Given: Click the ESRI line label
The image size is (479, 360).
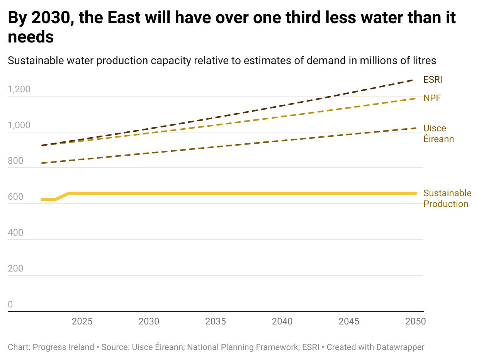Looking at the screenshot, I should [433, 80].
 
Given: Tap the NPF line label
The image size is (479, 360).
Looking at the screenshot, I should [432, 98].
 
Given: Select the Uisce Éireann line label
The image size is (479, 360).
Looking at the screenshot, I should [438, 134].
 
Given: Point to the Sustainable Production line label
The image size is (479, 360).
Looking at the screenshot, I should [447, 199].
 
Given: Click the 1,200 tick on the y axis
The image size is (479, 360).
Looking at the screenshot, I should [19, 90].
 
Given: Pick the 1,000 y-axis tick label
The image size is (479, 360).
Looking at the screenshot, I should [19, 126].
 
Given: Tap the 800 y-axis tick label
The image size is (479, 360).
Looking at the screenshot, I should [15, 161].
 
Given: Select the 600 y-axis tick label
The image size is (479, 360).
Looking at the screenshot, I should [15, 197].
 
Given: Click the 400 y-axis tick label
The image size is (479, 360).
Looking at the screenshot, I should [15, 233].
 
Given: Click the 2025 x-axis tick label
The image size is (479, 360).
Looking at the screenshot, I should [82, 321].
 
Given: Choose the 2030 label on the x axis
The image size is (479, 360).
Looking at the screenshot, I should [149, 321].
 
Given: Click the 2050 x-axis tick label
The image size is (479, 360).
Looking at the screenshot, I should [415, 321].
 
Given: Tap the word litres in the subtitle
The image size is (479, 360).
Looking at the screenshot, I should [424, 61].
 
